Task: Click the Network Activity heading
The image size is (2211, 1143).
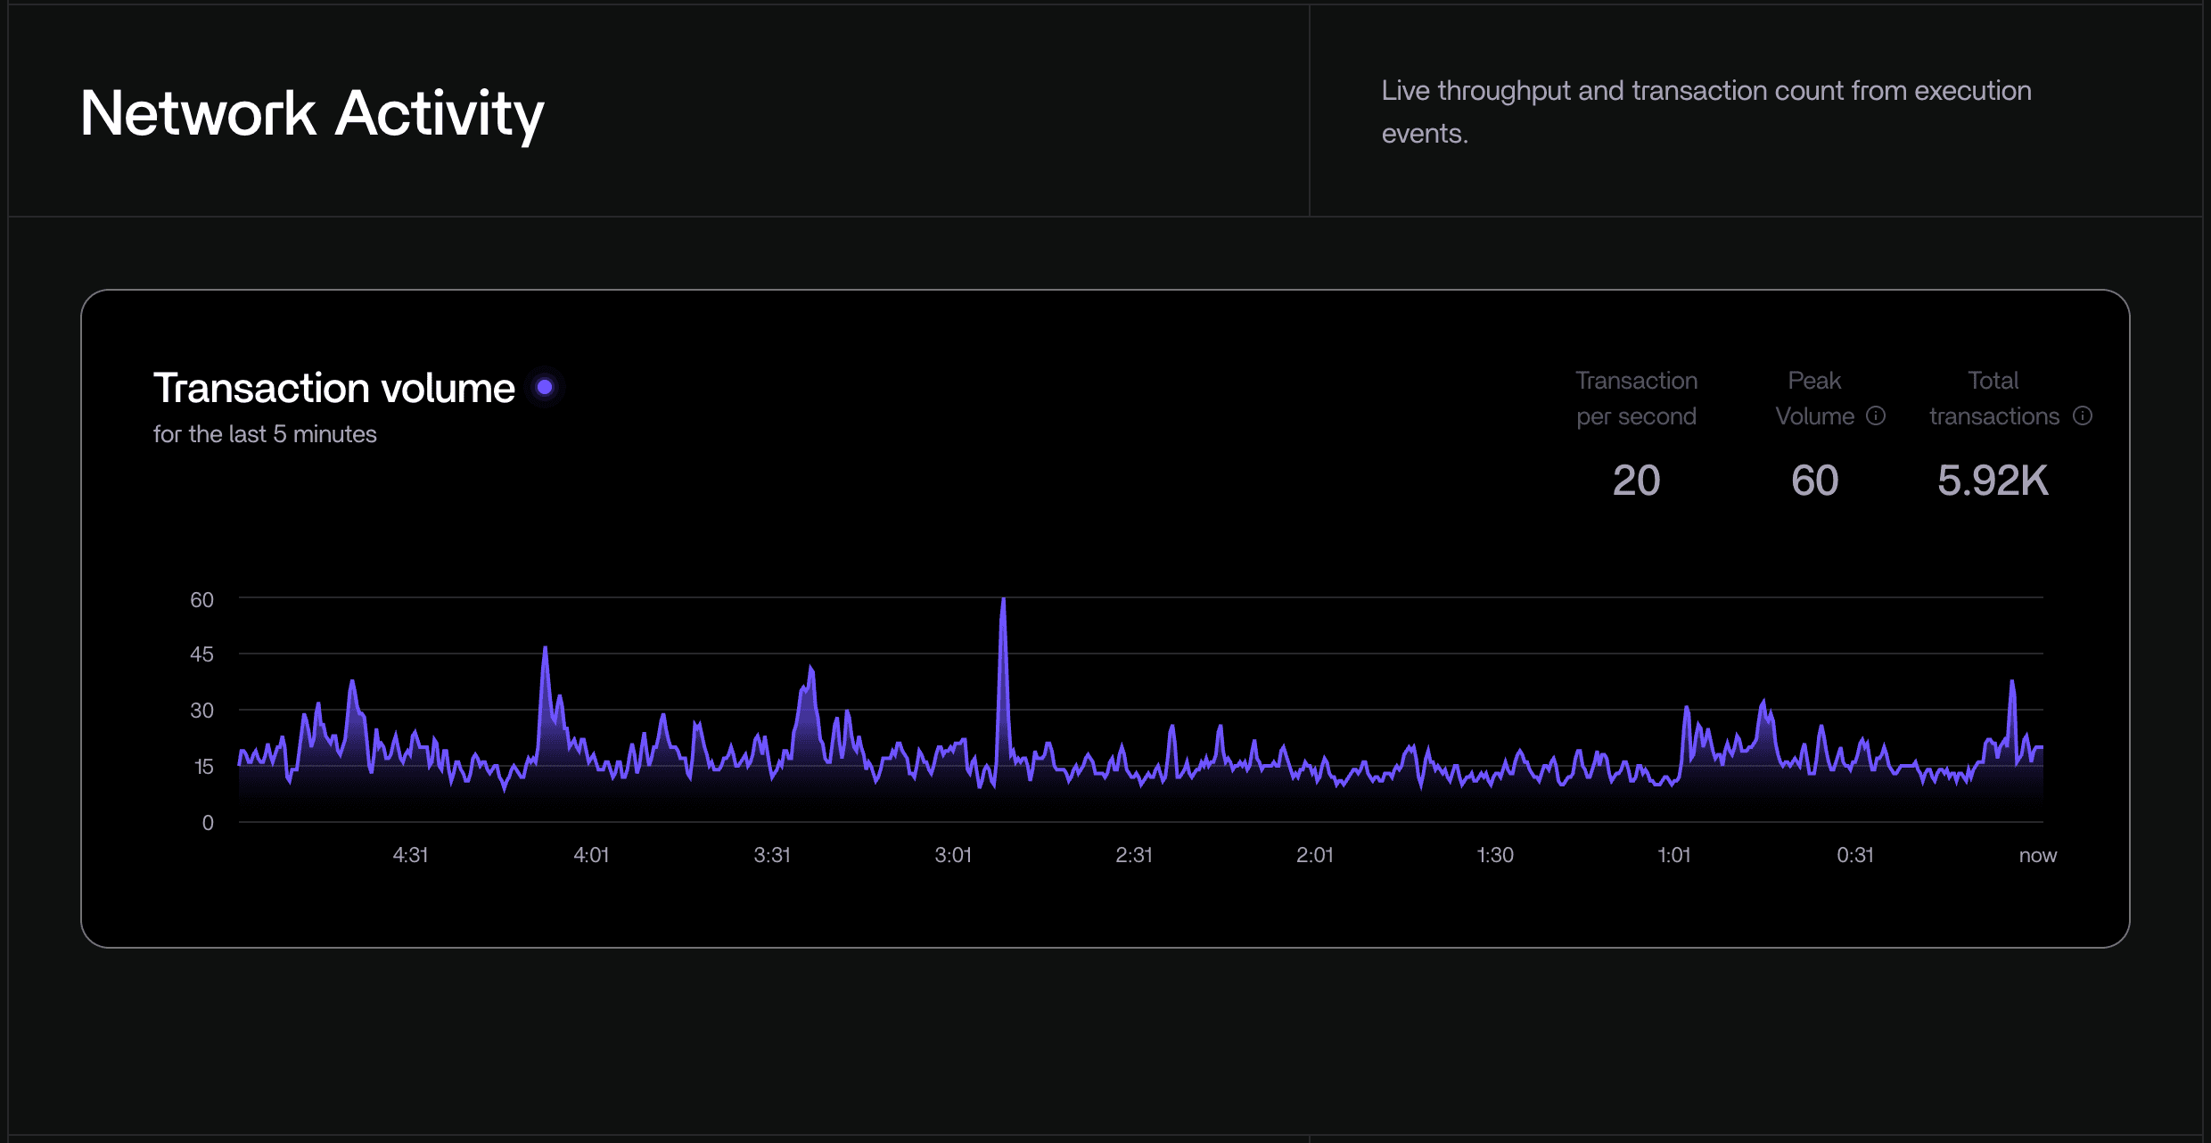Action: click(312, 114)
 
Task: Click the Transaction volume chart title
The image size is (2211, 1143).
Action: click(333, 388)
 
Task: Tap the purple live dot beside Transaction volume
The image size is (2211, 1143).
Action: click(545, 387)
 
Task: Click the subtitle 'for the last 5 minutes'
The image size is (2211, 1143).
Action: click(265, 434)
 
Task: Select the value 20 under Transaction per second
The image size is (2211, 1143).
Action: click(1636, 481)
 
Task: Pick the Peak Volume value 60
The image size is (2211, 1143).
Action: click(1814, 481)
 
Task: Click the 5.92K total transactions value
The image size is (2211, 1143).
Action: click(1993, 481)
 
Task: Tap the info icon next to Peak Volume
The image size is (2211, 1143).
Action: click(1876, 415)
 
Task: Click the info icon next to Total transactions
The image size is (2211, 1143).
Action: click(2083, 415)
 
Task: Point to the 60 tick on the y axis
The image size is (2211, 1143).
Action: click(201, 600)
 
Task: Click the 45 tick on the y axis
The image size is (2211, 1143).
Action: click(201, 654)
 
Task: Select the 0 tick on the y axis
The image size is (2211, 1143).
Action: click(207, 823)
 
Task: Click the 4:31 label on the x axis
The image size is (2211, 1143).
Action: click(410, 855)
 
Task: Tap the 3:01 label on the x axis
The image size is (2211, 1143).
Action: click(952, 855)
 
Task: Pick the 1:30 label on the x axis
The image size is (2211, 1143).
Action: click(1494, 855)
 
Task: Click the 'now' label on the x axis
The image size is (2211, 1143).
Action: click(2037, 855)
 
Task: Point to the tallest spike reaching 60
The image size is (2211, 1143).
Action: click(1003, 601)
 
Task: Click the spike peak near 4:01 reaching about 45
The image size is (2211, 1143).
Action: click(545, 649)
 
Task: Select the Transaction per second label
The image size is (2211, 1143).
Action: click(1636, 398)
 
